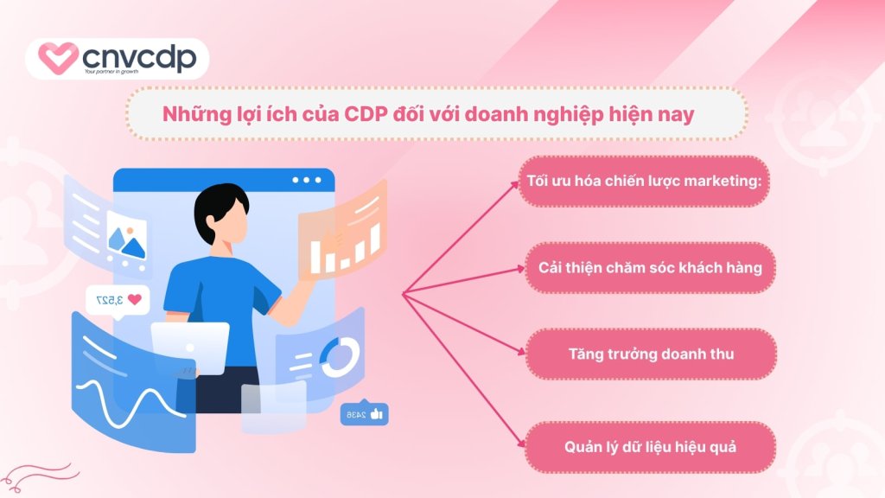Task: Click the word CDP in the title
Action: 347,114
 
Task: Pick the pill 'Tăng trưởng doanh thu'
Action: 650,354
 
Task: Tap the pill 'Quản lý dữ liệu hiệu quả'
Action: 650,447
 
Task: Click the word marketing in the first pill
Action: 721,182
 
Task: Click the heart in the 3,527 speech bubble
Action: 134,300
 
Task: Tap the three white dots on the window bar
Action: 306,181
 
